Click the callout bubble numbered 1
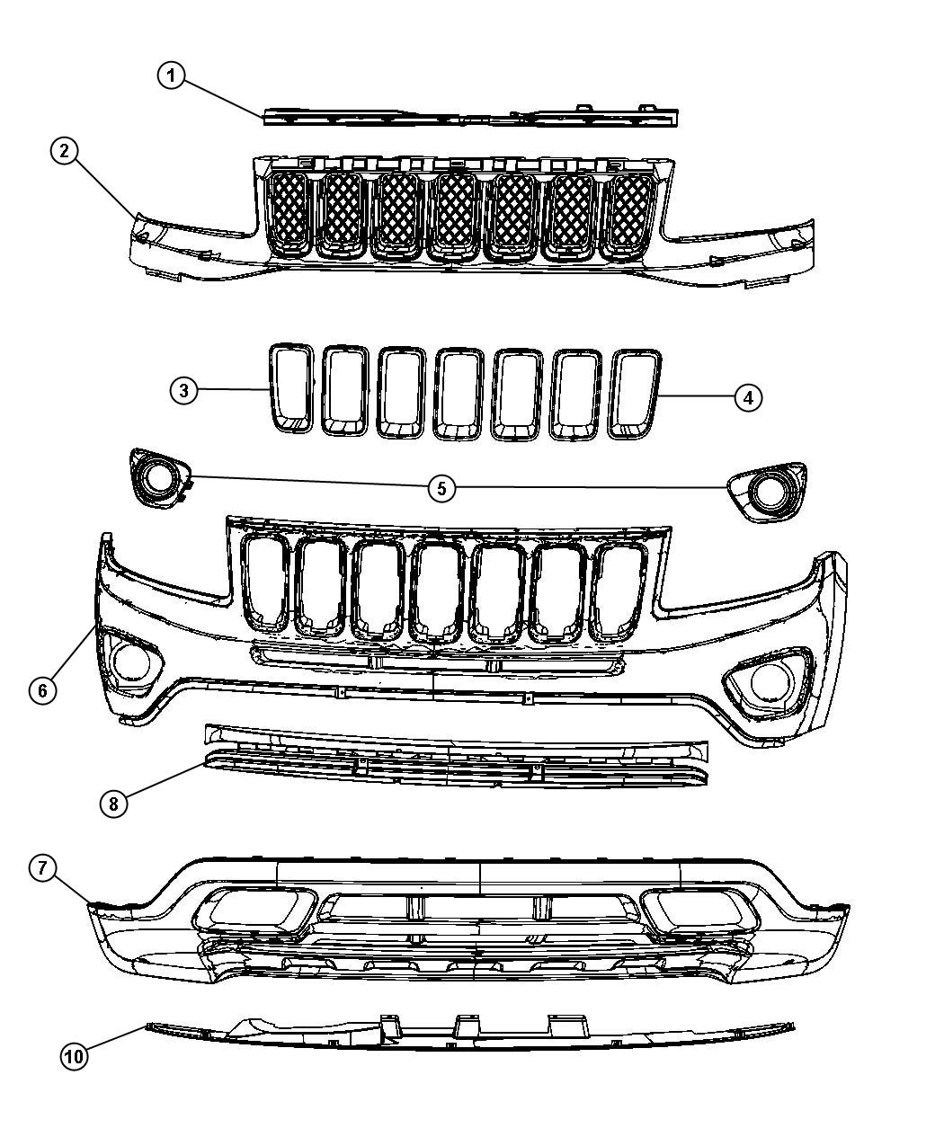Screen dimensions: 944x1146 [x=172, y=76]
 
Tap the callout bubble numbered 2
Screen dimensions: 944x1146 [x=64, y=151]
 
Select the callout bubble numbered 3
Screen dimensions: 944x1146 [x=184, y=391]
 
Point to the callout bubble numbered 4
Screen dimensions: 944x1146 [x=749, y=396]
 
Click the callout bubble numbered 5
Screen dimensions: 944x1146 [x=441, y=488]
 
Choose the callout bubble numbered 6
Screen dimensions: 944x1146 [x=43, y=690]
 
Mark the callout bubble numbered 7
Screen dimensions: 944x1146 [x=43, y=869]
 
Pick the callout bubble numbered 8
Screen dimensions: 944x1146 [x=113, y=804]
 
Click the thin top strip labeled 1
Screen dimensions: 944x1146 [x=470, y=116]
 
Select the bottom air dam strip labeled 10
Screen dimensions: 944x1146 [x=470, y=1034]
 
